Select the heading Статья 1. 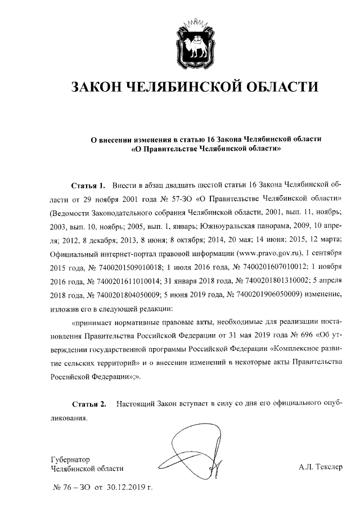(89, 185)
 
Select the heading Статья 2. (89, 404)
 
